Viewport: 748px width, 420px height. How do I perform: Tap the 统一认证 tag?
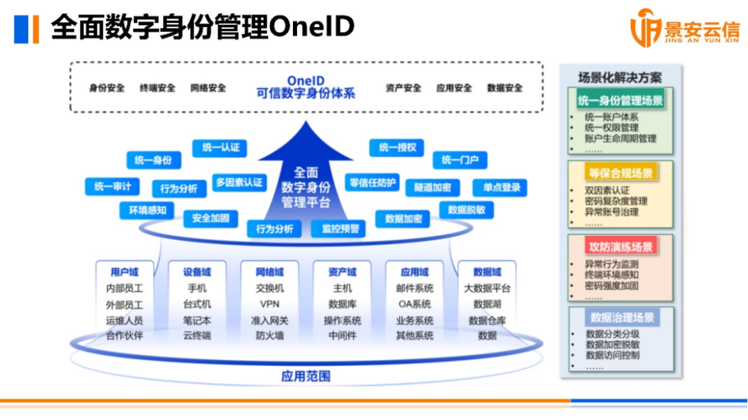point(221,147)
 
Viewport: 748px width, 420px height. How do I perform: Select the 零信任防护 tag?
point(373,183)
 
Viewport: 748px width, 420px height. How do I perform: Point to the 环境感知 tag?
point(147,210)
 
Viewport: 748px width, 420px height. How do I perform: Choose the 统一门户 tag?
point(460,161)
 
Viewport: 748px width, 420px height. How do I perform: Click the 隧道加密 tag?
point(432,188)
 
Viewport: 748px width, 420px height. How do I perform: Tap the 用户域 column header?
point(125,272)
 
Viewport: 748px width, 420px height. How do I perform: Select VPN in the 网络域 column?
point(269,304)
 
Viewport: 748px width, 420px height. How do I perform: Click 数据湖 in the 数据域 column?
point(487,304)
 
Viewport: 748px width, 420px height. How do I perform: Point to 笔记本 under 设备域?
point(197,320)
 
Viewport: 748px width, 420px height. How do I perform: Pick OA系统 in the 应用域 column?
point(414,304)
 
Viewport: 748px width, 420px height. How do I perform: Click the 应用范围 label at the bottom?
point(305,376)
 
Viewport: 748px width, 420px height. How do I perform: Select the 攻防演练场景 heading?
point(620,246)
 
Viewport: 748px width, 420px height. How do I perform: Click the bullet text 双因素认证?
point(607,190)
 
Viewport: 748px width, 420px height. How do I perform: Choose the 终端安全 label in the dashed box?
point(157,88)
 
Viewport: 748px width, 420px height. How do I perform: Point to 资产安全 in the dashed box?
point(403,88)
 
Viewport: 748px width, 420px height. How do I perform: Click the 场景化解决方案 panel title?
point(620,77)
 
